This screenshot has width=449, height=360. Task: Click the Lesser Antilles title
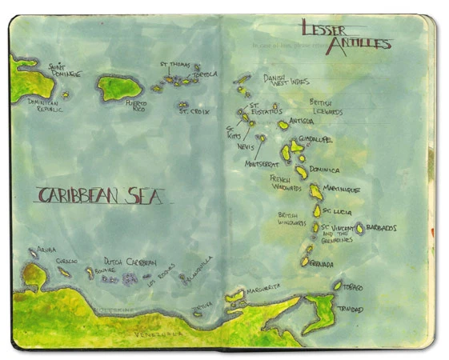346,36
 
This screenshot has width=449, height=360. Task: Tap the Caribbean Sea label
100,194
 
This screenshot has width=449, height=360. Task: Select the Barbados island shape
360,229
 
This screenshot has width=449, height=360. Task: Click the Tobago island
337,286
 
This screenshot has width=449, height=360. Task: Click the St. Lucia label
336,211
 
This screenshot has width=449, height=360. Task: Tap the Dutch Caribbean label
130,262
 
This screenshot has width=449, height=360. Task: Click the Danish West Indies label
285,80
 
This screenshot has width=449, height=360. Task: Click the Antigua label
302,122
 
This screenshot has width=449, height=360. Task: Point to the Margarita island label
263,290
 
